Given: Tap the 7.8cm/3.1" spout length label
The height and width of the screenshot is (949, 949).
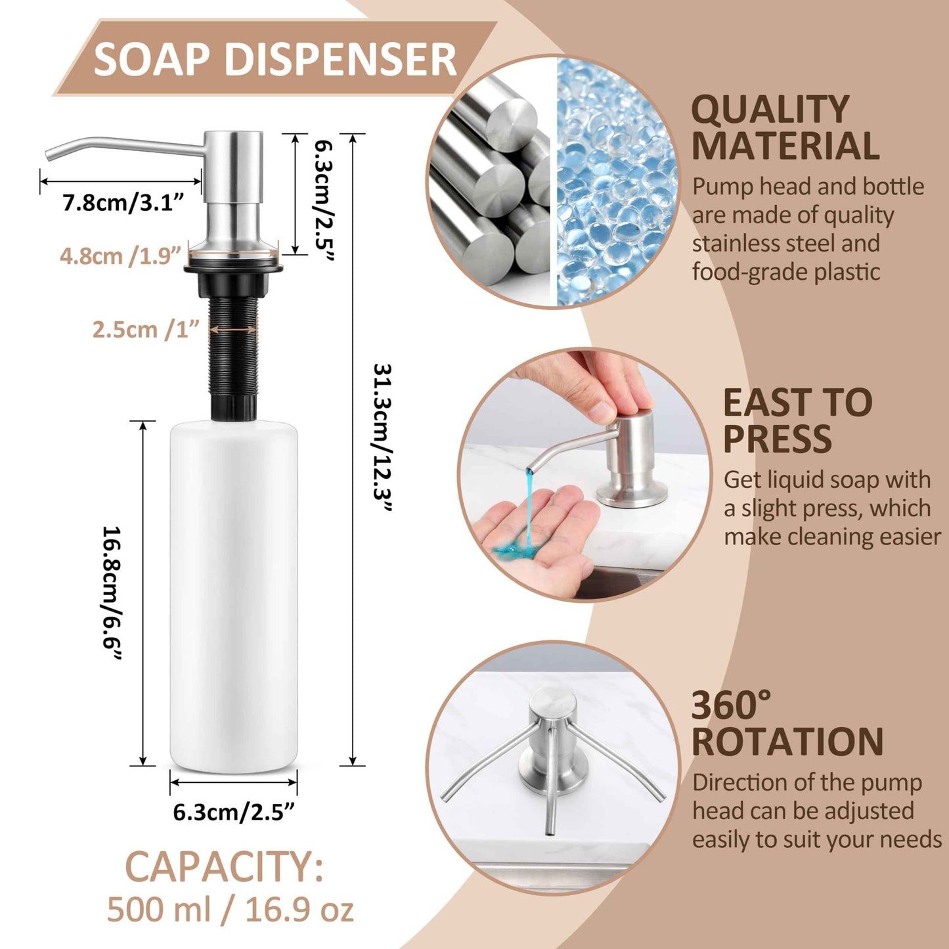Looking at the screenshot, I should pos(123,203).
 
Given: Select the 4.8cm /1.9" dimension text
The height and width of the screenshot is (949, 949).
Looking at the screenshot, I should pos(120,256).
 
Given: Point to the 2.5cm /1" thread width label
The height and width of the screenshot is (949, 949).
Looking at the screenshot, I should pos(145,329).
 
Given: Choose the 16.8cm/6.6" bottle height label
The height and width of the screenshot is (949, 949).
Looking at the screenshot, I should pos(112,594).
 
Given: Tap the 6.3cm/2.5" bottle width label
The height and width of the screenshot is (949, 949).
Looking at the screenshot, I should pos(233,812).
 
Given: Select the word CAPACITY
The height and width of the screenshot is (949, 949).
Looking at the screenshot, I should pos(224,867).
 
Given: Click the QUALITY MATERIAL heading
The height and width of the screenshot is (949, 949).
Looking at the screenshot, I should pos(785,127).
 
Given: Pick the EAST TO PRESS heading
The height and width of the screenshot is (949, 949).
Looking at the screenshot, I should pos(797,420).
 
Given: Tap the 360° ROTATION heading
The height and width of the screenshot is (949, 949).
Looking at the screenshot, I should pos(787,724).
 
